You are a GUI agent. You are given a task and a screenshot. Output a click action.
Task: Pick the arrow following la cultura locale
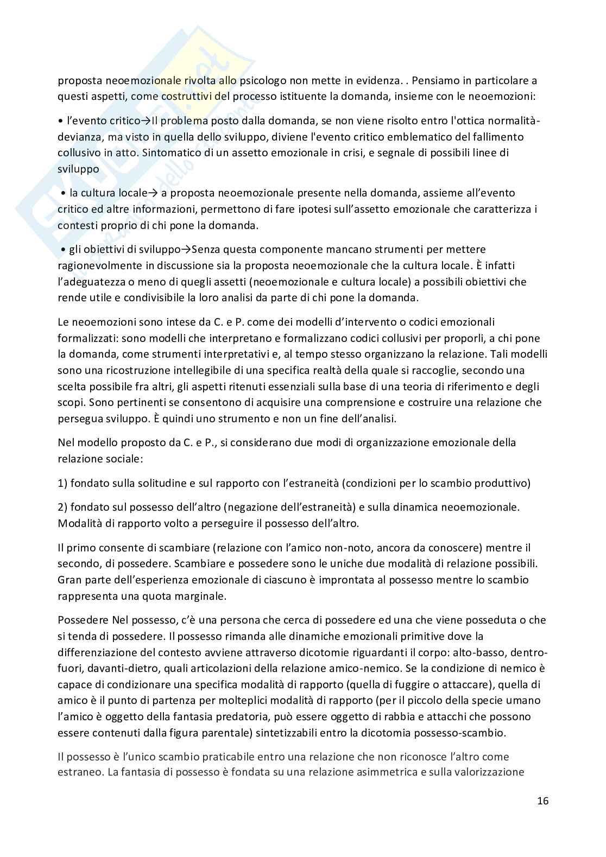[153, 193]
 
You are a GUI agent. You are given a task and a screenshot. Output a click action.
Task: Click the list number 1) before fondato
[62, 483]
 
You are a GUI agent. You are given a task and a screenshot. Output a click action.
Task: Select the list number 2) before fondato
[62, 507]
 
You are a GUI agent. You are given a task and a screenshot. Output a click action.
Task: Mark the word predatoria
[277, 716]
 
